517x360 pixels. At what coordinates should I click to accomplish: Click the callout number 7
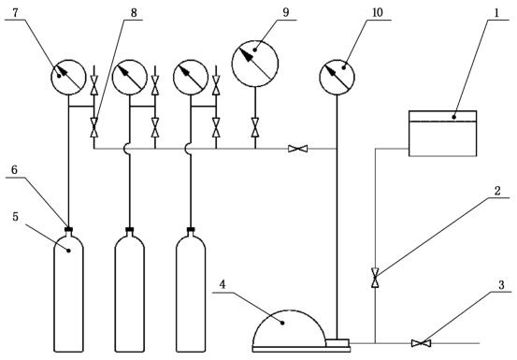pos(16,13)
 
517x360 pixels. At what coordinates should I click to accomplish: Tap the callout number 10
pos(377,12)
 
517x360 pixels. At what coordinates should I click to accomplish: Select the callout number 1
pos(496,13)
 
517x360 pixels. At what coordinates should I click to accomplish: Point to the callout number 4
pos(223,284)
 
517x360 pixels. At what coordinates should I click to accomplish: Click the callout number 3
pos(501,285)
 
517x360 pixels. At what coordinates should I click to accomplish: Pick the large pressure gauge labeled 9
pos(255,64)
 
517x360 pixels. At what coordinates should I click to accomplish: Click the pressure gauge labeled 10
pos(337,78)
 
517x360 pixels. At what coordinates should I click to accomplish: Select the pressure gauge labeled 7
pos(68,78)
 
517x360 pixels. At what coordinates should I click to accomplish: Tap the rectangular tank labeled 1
pos(442,133)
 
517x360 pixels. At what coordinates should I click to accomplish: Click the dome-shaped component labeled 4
pos(289,328)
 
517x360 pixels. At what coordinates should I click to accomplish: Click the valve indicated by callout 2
pos(375,278)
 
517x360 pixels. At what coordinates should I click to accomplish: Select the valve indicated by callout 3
pos(421,343)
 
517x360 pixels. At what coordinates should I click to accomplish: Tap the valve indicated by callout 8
pos(94,127)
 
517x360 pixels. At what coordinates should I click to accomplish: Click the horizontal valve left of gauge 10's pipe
pos(297,149)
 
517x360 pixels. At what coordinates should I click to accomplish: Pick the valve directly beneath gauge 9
pos(255,127)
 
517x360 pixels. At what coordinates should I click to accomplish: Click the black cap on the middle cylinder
pos(130,229)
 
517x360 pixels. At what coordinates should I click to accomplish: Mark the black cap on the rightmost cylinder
pos(191,229)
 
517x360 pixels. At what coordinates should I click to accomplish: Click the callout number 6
pos(14,170)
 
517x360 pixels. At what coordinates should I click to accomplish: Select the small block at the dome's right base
pos(337,342)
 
